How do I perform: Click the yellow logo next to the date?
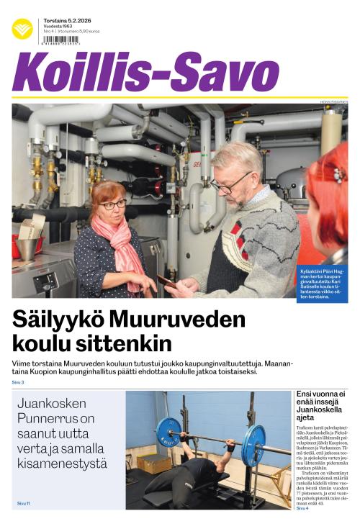coord(22,29)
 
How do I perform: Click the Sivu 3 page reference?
coord(18,382)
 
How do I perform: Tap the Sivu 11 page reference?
coord(24,503)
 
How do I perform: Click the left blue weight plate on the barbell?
coord(168,433)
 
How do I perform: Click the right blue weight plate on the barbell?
coord(253,445)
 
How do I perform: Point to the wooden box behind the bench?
coord(154,462)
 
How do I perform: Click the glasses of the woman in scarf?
coord(112,204)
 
